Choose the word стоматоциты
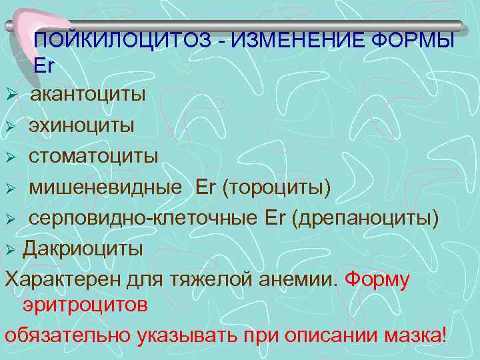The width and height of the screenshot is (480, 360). pos(93,156)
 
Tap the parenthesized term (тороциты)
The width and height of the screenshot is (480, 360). pos(277,188)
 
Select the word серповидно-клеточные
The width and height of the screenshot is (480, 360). pos(136,219)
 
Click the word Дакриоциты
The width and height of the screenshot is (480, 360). pos(83,249)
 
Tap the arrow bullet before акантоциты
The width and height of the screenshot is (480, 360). pos(11,95)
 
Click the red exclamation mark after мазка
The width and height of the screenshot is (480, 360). pos(445,333)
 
